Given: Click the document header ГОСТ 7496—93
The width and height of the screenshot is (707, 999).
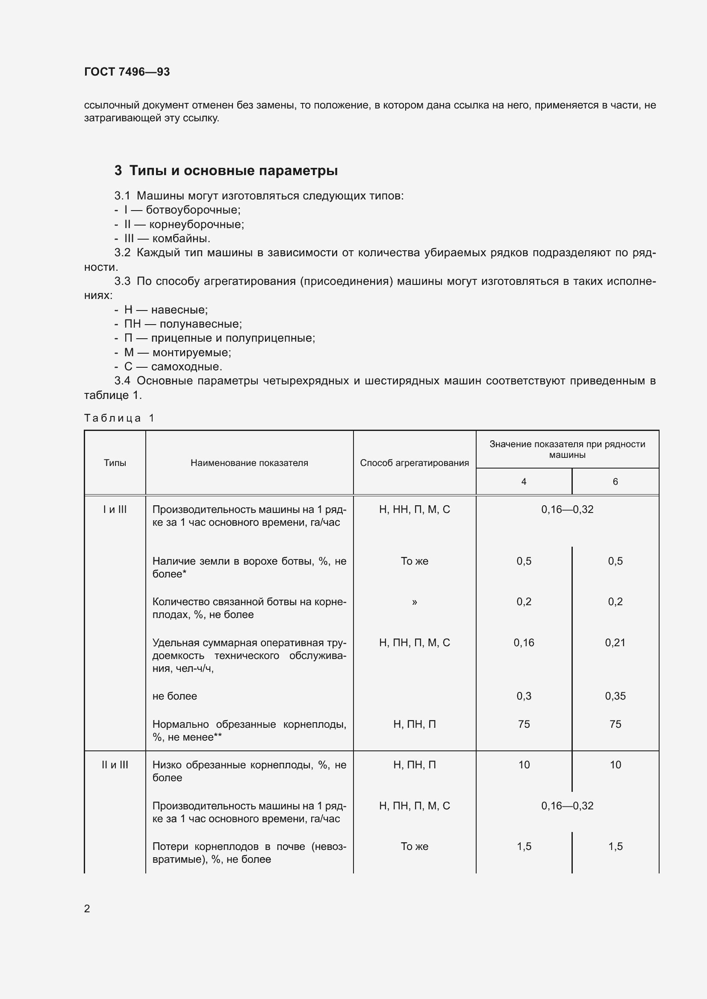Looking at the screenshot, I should (x=127, y=72).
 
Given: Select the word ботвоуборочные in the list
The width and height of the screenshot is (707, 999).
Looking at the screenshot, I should (x=193, y=210).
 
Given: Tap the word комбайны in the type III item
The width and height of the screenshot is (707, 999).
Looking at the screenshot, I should (x=181, y=238).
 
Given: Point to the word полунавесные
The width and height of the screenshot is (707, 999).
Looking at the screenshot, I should (x=201, y=324).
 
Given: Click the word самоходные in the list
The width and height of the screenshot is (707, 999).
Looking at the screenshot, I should (x=186, y=366).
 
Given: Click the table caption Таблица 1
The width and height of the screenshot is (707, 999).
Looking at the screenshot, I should (x=119, y=418).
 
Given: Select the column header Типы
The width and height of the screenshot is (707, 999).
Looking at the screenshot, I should (x=115, y=463).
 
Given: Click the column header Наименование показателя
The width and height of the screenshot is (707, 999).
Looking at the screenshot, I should (x=249, y=463).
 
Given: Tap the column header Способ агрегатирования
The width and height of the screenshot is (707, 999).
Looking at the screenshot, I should (x=414, y=463).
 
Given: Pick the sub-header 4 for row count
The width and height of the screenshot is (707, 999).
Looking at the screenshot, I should (x=524, y=482).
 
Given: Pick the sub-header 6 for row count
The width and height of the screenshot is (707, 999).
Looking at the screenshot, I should (x=615, y=482).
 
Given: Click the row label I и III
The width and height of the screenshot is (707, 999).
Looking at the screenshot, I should (x=115, y=510).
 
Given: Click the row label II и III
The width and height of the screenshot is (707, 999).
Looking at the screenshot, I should (x=115, y=765).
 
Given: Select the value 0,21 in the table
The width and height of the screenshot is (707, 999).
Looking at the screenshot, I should (x=615, y=643).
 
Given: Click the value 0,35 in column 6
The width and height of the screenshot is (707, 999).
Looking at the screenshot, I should (x=615, y=696).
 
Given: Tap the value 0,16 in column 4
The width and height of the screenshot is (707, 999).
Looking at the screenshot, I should (x=524, y=643).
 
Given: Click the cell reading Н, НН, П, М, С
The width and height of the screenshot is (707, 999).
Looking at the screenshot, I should (x=414, y=510).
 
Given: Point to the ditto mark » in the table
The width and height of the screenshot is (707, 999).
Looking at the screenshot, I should (x=414, y=602).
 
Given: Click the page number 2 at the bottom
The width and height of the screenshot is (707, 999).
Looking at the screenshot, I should (x=87, y=908).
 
